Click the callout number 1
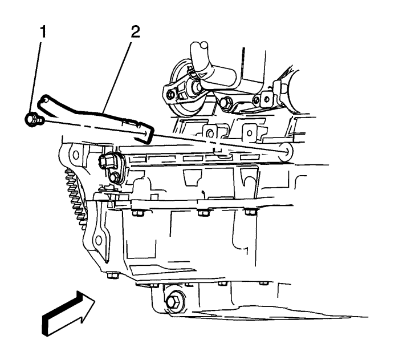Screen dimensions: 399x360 click(x=43, y=32)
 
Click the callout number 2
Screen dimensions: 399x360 click(x=135, y=32)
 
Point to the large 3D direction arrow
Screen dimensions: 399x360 click(x=68, y=313)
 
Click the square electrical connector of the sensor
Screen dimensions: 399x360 click(x=105, y=161)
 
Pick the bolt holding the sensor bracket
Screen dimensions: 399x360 click(x=114, y=176)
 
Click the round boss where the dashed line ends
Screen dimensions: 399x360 click(x=286, y=152)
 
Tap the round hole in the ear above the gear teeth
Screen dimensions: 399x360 click(x=76, y=155)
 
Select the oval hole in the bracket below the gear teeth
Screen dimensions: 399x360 click(x=97, y=240)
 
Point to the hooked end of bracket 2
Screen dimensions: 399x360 click(x=42, y=102)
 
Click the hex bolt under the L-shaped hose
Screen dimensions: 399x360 click(x=226, y=102)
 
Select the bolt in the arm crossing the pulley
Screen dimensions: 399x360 click(x=170, y=95)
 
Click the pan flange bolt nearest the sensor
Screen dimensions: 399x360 click(x=138, y=212)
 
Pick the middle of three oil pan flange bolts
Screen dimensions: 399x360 click(x=203, y=212)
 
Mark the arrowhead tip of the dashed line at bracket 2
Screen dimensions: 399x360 click(x=147, y=133)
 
